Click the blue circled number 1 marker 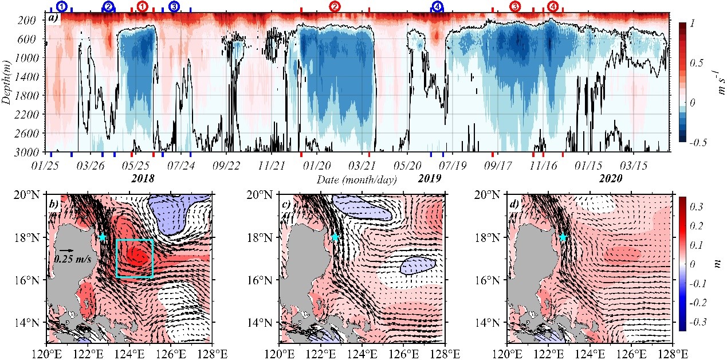(x=62, y=6)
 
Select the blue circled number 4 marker (x=438, y=6)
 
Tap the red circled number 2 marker (x=335, y=6)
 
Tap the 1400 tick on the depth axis (x=28, y=77)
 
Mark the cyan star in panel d (x=563, y=237)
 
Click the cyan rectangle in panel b (x=135, y=259)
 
